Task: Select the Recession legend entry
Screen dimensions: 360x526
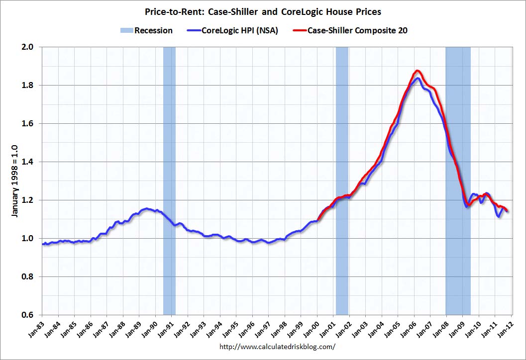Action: point(146,30)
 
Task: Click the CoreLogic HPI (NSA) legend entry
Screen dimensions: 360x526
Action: point(234,30)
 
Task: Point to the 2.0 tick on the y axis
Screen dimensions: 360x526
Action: point(28,47)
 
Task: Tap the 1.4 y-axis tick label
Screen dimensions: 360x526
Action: point(28,162)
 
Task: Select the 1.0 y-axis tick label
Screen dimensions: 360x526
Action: point(28,239)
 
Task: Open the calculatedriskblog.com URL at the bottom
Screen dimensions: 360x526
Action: point(277,347)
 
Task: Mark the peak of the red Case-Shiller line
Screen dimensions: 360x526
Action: point(417,71)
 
